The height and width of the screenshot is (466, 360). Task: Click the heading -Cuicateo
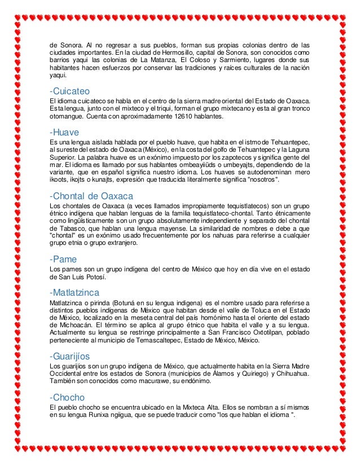tap(70, 91)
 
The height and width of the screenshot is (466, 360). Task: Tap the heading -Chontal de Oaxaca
tap(91, 196)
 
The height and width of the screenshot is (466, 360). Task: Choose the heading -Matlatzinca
tap(74, 292)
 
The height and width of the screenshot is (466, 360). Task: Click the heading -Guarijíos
tap(70, 356)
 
